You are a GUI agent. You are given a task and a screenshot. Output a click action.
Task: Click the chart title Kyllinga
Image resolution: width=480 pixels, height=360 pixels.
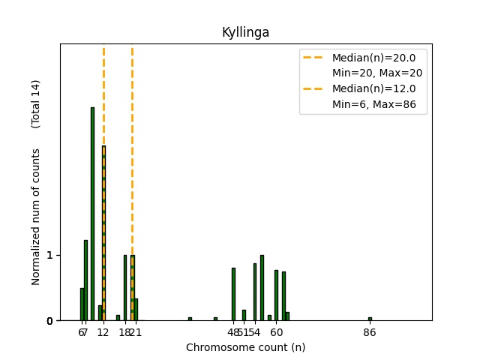pos(245,32)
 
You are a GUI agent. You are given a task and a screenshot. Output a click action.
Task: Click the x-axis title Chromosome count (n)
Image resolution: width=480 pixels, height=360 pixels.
pos(245,347)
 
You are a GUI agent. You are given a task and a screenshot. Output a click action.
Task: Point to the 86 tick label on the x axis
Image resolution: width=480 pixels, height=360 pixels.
pos(370,332)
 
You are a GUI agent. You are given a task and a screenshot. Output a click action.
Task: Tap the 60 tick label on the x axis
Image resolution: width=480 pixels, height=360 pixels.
pos(277,332)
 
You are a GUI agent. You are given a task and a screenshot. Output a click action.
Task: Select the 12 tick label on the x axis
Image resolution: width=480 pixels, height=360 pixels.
pos(103,332)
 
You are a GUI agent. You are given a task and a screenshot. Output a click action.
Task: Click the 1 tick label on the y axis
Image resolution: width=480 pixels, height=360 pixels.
pos(49,255)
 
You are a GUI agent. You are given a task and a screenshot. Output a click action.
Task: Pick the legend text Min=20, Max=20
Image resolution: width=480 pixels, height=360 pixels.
pos(377,73)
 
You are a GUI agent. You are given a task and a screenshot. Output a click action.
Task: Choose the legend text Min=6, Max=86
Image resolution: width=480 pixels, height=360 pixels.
pos(377,106)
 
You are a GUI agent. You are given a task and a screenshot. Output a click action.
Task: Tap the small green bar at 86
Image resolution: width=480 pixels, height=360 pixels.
pos(370,319)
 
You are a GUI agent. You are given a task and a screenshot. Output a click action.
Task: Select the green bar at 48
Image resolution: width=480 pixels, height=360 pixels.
pos(233,294)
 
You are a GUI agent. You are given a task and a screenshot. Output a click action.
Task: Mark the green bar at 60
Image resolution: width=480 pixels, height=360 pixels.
pos(276,295)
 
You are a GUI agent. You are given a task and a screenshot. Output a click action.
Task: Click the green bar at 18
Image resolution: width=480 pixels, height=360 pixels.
pos(125,288)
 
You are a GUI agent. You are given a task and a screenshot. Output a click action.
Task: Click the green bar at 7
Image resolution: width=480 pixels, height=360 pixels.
pos(85,280)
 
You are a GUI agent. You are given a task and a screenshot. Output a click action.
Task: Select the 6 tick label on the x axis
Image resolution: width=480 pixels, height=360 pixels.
pos(80,332)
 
